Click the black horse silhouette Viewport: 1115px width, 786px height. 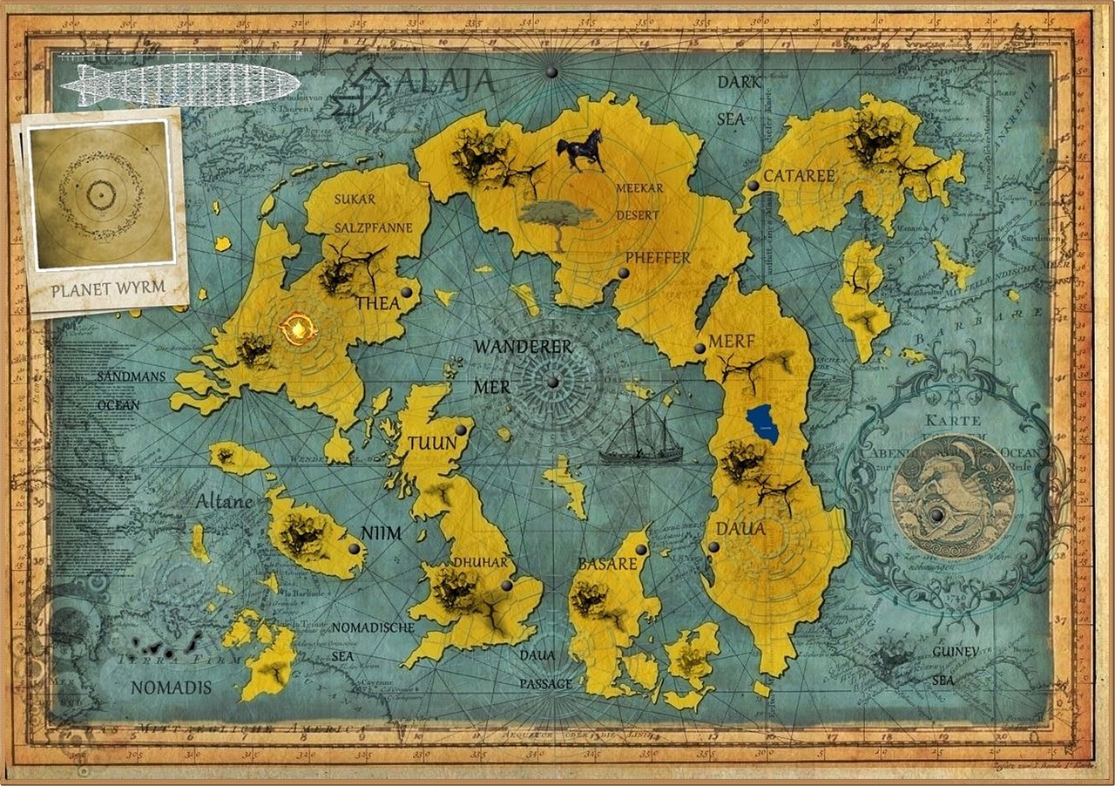[581, 150]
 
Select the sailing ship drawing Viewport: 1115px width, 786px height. [641, 437]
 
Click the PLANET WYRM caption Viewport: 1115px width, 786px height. [108, 289]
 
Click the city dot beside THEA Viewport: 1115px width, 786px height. [407, 292]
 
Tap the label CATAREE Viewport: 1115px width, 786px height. [799, 176]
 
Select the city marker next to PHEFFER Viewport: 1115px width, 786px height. [624, 274]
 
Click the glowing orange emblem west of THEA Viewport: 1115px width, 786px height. [299, 329]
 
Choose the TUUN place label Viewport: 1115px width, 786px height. [432, 444]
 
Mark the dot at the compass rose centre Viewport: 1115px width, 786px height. [552, 382]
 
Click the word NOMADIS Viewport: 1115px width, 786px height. [171, 688]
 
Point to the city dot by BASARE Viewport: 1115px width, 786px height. [641, 549]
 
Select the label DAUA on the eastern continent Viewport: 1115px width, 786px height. [740, 528]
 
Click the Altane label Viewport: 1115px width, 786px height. [224, 502]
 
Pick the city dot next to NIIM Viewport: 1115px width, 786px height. [355, 549]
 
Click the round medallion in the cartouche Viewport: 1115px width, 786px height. [952, 495]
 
